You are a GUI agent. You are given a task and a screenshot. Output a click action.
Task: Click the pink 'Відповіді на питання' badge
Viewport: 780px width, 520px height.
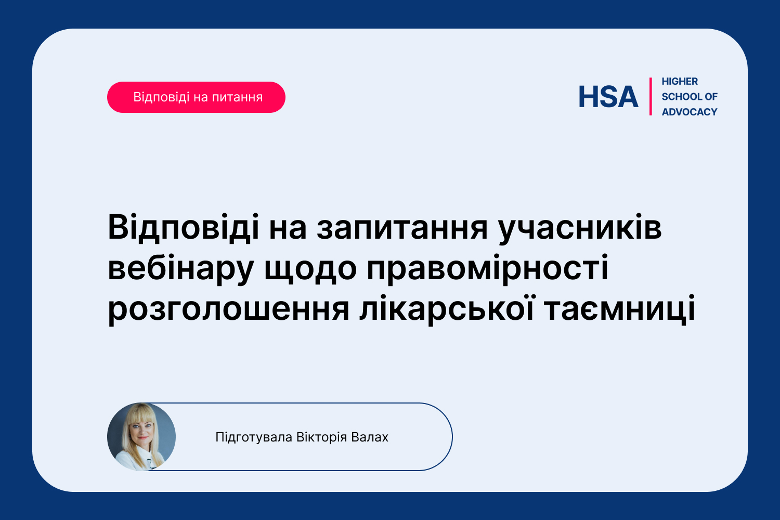196,97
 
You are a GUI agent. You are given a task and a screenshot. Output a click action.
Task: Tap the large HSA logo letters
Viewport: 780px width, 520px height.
608,97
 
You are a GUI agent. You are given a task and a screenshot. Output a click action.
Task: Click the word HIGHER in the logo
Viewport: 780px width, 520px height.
680,82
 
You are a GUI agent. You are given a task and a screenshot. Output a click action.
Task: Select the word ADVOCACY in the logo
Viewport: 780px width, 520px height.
690,112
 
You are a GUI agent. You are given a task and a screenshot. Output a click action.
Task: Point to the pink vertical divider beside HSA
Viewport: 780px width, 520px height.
651,97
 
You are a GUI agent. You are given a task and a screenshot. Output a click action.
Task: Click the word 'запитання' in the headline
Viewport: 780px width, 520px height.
402,228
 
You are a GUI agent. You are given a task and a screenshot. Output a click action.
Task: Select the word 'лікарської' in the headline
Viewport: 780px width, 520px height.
446,309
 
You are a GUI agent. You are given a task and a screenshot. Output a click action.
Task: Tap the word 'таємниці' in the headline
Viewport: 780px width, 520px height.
619,309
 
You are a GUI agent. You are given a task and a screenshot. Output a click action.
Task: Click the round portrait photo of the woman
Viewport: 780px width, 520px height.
141,437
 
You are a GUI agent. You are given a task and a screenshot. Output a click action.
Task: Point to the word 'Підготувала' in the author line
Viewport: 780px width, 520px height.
254,437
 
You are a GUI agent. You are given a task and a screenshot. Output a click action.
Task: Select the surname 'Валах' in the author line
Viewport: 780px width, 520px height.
369,437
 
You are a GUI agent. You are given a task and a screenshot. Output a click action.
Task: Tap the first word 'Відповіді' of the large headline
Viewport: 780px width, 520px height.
184,227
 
